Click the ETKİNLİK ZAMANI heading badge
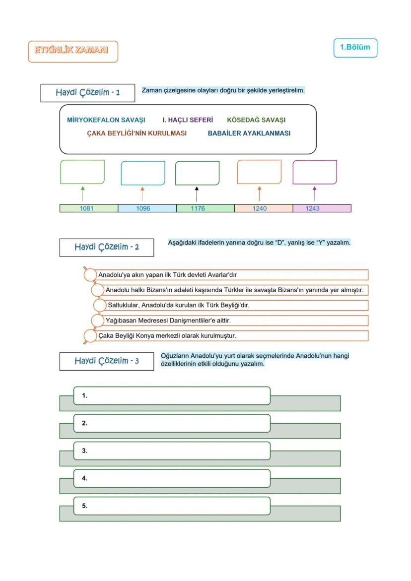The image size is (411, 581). [73, 51]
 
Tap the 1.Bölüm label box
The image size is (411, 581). [355, 48]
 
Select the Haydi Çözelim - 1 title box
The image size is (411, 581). [87, 93]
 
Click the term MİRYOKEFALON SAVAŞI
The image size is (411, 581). [106, 120]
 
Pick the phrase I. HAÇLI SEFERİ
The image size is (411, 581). [188, 120]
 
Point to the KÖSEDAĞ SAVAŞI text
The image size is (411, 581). [256, 120]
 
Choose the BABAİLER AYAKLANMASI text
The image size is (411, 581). [249, 133]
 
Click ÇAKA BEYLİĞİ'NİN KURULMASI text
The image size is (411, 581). [137, 133]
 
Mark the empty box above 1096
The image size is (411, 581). [143, 173]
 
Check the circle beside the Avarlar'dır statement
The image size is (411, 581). [90, 274]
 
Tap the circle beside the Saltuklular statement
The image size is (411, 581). [100, 305]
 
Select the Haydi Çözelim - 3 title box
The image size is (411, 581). [106, 361]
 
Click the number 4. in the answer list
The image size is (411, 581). [84, 478]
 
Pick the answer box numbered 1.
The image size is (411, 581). [172, 396]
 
